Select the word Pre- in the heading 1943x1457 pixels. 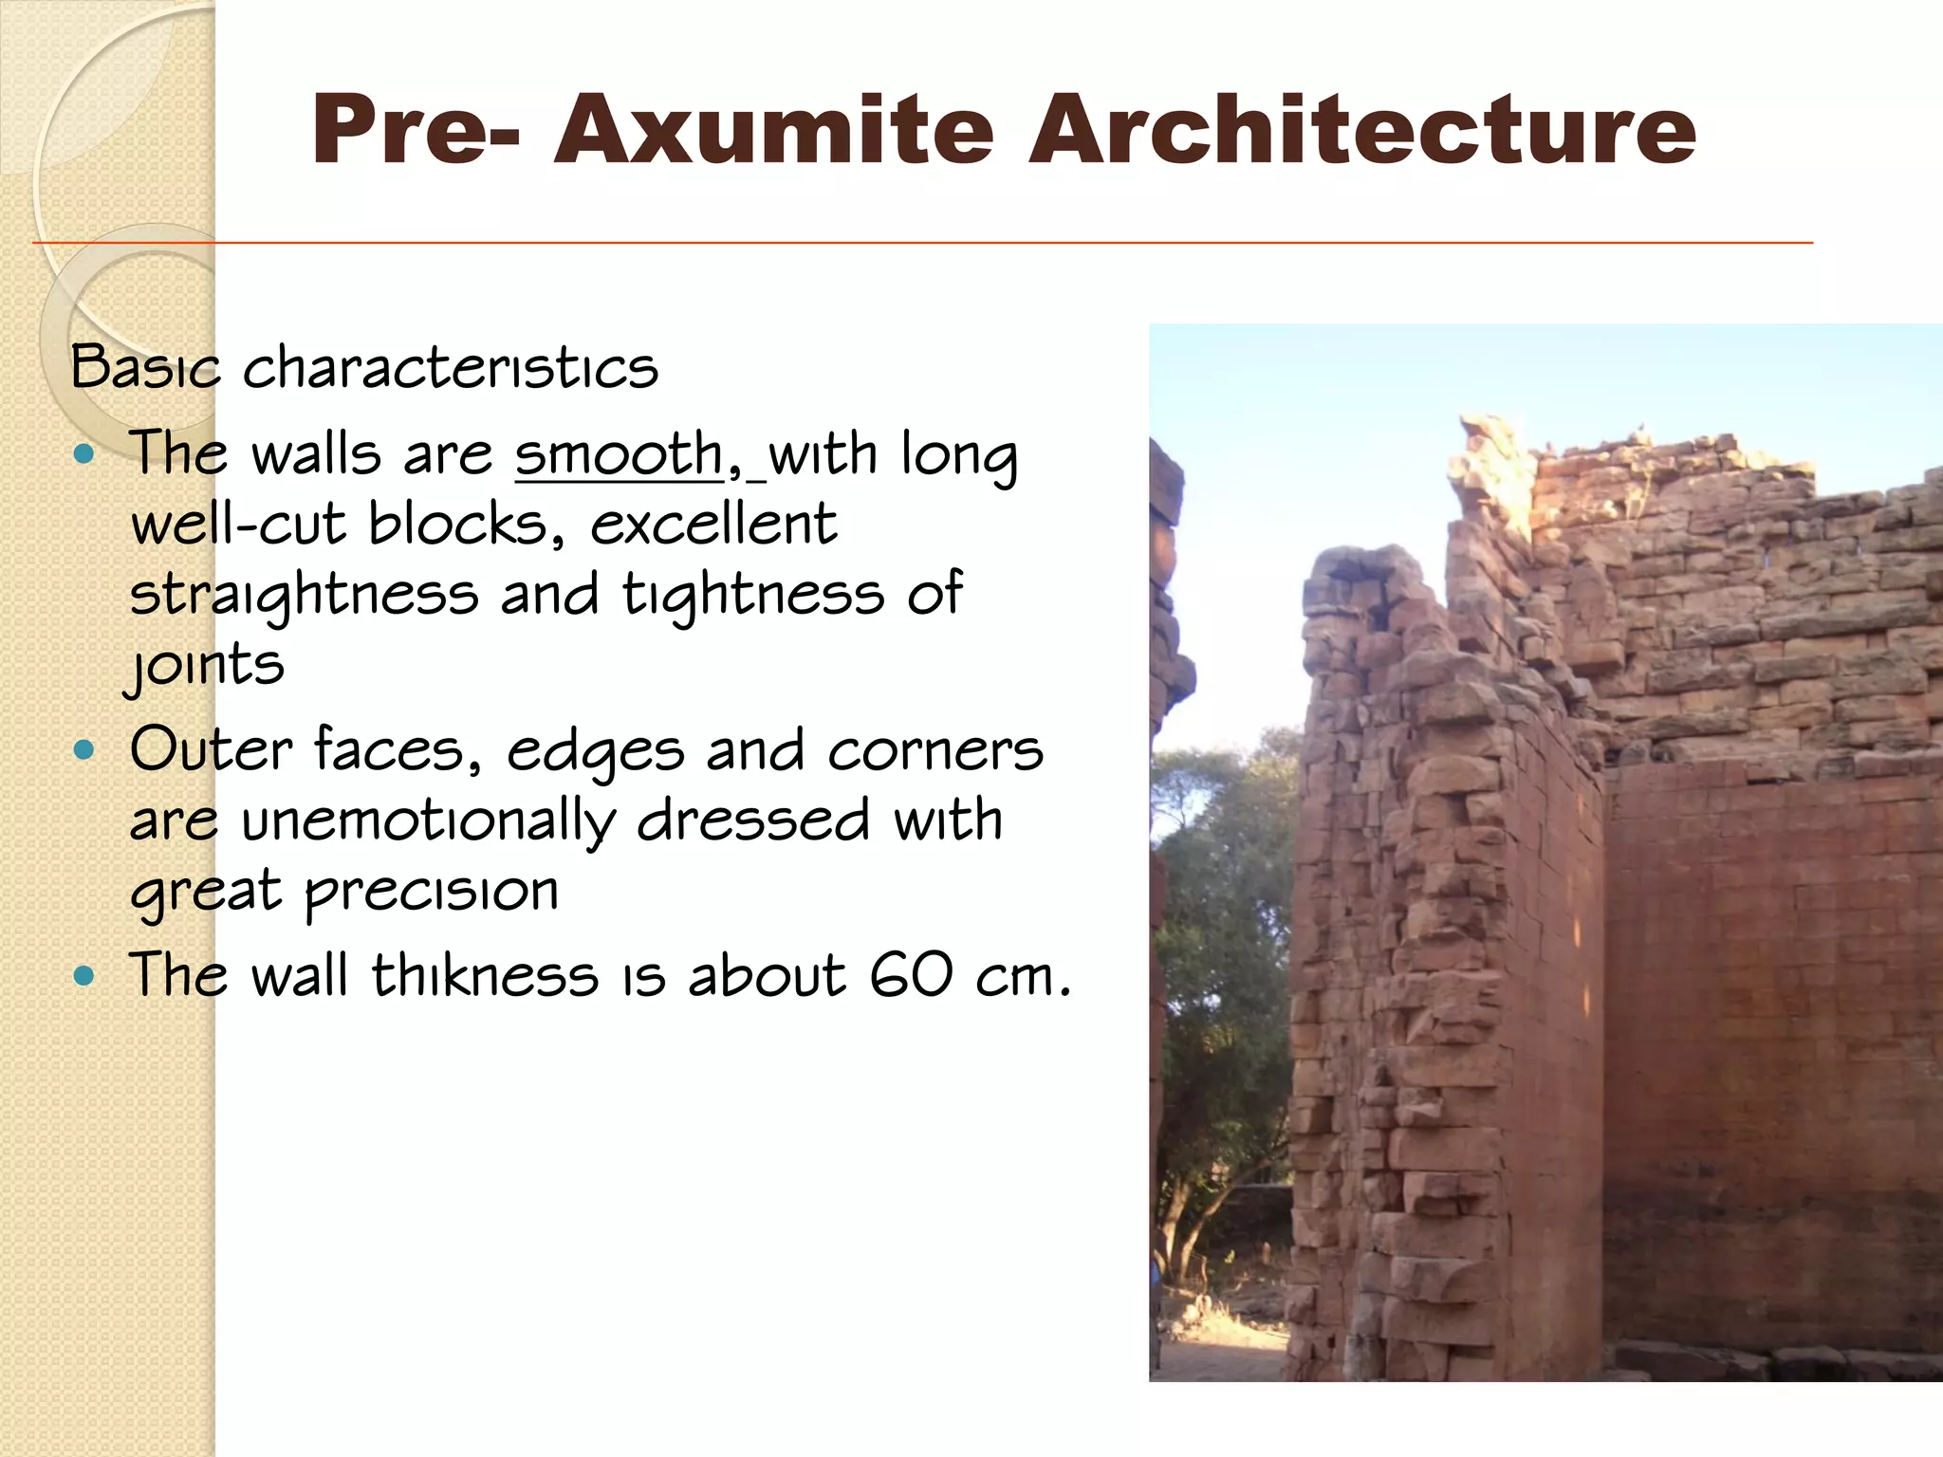415,130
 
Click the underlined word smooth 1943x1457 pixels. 620,454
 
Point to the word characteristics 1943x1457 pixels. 451,368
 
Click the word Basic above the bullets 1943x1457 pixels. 145,368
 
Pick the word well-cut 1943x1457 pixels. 238,525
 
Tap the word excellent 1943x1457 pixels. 713,525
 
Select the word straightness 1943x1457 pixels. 305,596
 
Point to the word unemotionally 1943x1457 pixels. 428,821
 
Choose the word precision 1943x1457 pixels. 432,893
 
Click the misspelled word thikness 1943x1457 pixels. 485,975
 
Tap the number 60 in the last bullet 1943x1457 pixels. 911,975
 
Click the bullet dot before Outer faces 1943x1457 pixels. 85,751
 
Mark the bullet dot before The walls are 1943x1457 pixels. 85,454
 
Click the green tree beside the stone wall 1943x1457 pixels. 1224,949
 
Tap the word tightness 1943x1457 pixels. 753,596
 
